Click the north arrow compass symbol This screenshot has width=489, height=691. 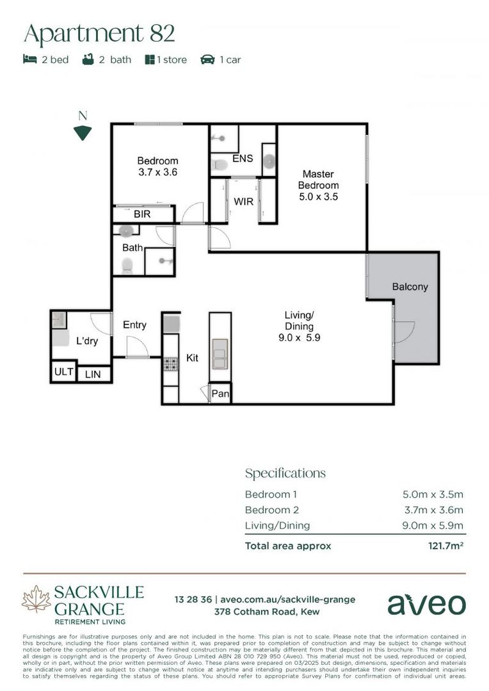point(83,132)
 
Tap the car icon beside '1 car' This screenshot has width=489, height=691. point(207,60)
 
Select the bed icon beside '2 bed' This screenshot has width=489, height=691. point(29,60)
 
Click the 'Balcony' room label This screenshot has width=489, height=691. point(410,287)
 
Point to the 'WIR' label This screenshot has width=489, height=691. point(243,202)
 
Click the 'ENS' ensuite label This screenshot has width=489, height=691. point(243,158)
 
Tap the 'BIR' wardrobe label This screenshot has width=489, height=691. point(142,214)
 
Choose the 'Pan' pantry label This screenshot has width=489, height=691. point(220,394)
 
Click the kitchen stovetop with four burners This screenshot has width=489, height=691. point(171,364)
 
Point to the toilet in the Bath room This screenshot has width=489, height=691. point(127,264)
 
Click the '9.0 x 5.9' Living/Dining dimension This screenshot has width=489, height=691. point(299,338)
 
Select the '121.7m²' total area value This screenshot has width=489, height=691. point(445,546)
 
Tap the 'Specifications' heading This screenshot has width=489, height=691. point(285,473)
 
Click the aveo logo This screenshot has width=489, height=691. point(426,603)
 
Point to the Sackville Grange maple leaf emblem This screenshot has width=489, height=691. point(36,600)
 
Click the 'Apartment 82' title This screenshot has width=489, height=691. point(99,33)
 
